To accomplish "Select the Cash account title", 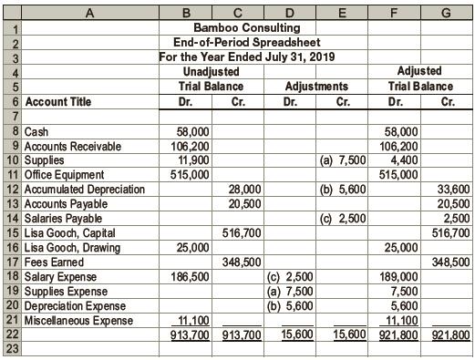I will pos(37,132).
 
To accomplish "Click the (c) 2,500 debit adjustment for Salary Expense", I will pos(290,275).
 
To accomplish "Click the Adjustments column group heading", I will pos(316,87).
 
